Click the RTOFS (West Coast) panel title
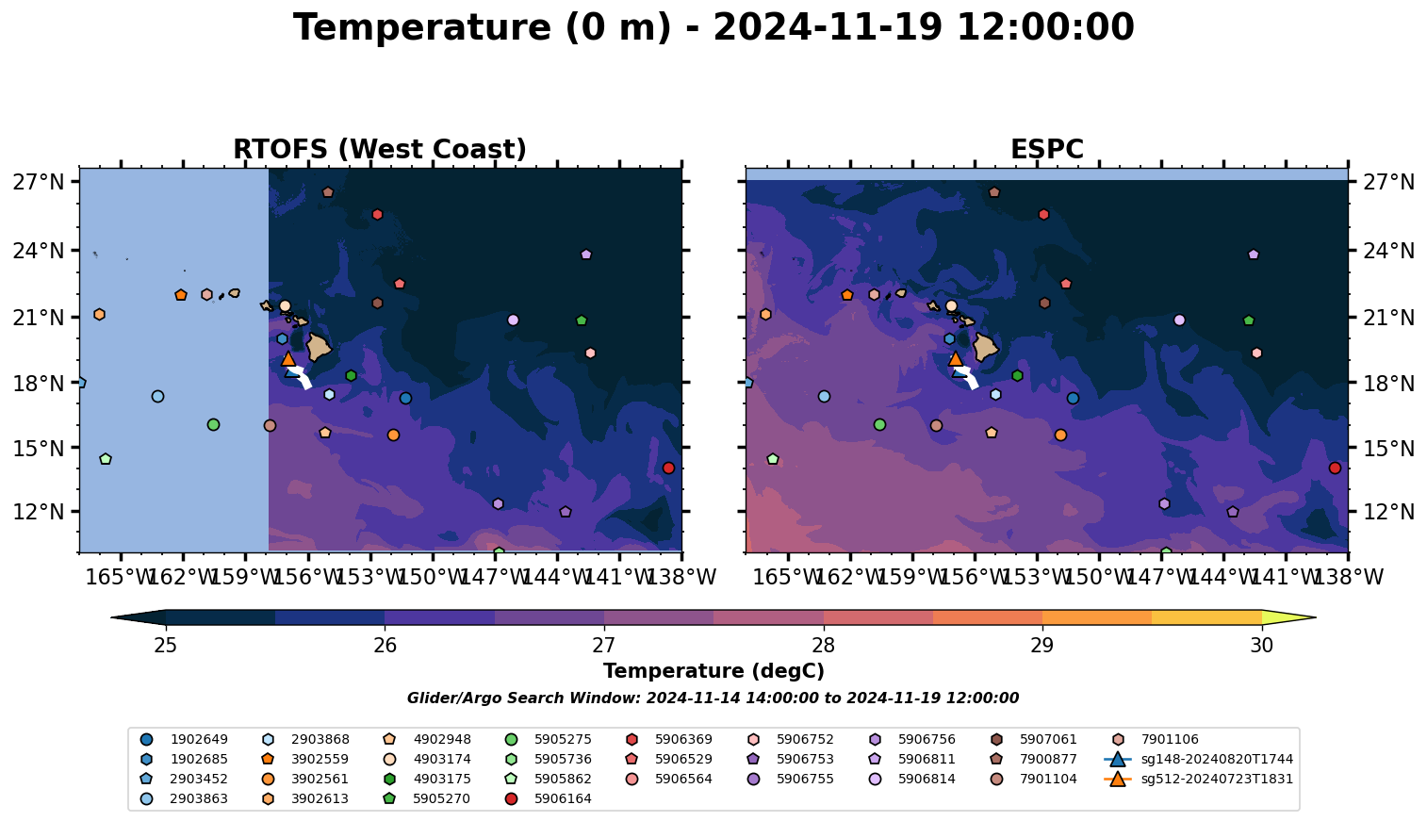379,150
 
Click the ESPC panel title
1046,150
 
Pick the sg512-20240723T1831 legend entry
1216,780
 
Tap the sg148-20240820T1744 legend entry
1216,760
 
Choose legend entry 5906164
563,799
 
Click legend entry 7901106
1170,740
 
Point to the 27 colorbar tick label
604,646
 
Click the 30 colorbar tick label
1261,646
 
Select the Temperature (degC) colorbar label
713,671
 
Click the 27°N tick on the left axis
39,182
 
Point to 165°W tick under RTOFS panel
121,577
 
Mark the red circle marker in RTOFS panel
668,468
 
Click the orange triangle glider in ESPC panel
955,359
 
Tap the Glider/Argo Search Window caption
713,698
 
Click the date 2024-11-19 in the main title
828,28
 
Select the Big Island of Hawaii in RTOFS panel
319,347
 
